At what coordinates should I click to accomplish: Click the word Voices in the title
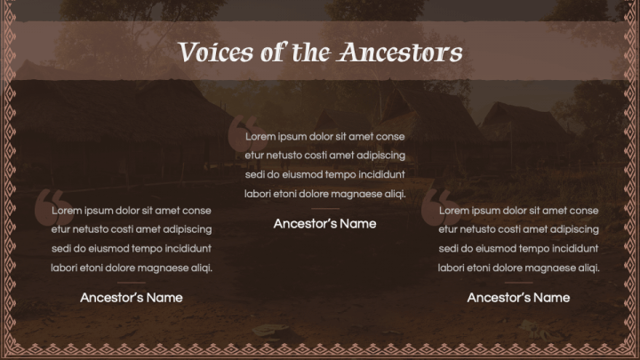coord(207,52)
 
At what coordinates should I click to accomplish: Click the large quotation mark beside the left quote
coord(48,206)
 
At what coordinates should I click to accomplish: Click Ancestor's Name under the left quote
coord(132,297)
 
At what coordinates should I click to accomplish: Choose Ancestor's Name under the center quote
coord(324,223)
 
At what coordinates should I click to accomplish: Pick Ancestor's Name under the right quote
coord(518,297)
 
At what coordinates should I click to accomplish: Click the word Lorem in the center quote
coord(261,137)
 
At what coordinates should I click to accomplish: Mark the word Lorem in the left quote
coord(68,211)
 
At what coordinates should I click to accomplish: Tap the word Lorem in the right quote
coord(455,211)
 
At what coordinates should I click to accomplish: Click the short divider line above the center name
coord(324,209)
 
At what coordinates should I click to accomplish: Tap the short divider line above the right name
coord(518,282)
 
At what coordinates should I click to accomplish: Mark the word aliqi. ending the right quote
coord(587,267)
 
